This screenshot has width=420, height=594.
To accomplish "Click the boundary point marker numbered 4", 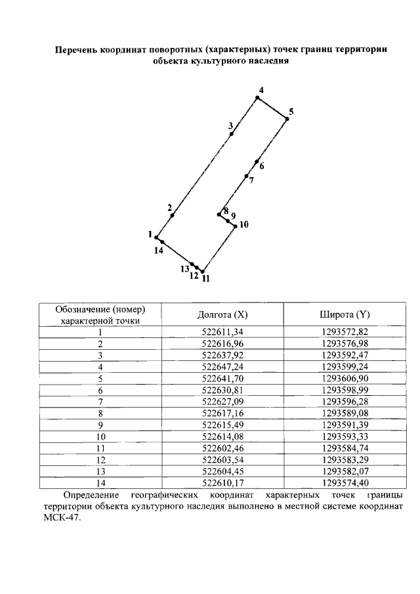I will [257, 98].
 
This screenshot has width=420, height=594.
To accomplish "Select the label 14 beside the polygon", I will [158, 250].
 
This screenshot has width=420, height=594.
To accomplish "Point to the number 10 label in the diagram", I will [243, 224].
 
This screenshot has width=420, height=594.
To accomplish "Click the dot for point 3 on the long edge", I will [232, 134].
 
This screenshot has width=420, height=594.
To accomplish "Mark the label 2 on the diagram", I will [170, 208].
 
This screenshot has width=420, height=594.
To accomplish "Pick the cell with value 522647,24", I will [223, 368].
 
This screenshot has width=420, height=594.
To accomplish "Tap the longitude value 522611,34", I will [223, 332].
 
